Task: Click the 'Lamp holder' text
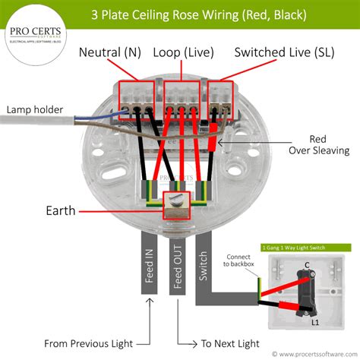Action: [x=35, y=109]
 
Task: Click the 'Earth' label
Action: [x=61, y=210]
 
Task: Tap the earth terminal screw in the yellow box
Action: [x=177, y=203]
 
